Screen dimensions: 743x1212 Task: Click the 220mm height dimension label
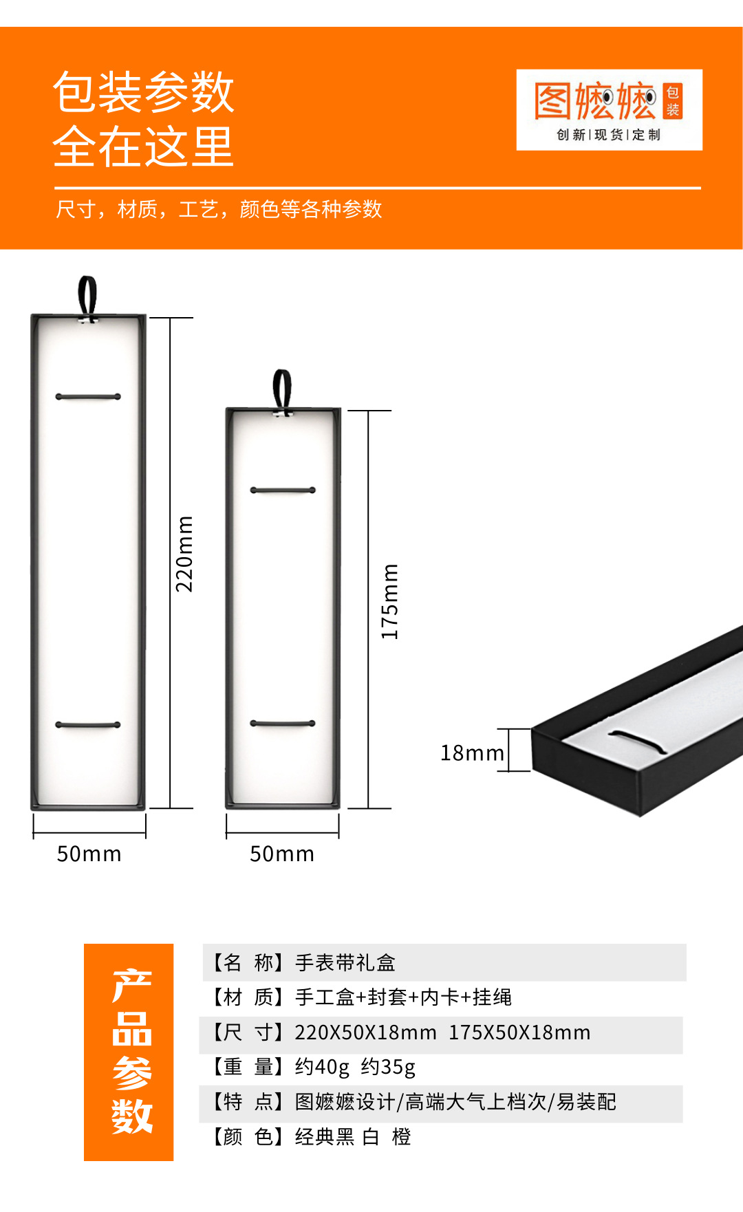point(184,554)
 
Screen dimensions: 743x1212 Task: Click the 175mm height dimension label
point(389,602)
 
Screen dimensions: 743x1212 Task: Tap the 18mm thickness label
point(472,753)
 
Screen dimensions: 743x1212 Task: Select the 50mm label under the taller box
point(89,854)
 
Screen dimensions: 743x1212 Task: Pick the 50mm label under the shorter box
point(281,854)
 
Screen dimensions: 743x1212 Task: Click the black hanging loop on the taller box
point(87,296)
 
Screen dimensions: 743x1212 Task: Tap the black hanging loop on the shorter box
point(282,391)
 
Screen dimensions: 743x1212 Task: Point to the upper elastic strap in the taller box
point(88,397)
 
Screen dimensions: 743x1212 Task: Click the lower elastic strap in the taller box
point(88,725)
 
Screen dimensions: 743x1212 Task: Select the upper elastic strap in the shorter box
point(283,490)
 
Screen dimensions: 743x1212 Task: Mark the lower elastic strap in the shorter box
point(283,724)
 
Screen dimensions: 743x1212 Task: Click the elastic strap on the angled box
point(638,740)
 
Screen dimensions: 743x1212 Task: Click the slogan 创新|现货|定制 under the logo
point(608,135)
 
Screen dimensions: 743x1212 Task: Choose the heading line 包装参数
point(144,92)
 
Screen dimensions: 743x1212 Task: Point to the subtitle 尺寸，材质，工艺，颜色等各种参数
point(219,209)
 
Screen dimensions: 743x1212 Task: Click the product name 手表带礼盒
point(345,963)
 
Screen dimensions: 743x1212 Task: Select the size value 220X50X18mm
point(365,1033)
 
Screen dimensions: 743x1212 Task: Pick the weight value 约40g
point(322,1068)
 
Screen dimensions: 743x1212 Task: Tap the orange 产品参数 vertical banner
point(129,1052)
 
